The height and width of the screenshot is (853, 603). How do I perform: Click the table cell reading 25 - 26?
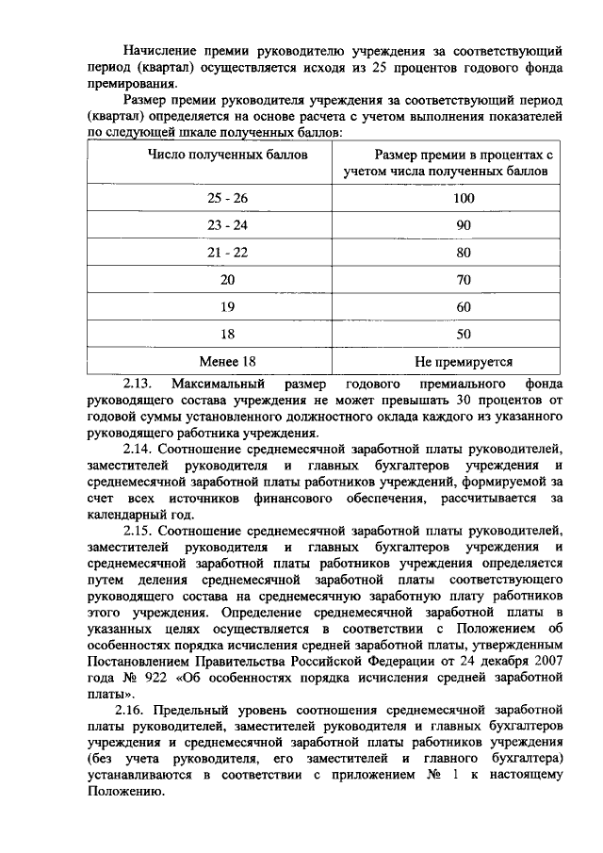point(227,199)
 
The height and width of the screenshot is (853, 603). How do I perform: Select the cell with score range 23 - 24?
point(227,226)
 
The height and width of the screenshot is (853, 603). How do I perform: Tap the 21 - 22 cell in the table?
point(227,254)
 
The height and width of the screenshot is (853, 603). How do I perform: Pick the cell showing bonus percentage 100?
point(463,199)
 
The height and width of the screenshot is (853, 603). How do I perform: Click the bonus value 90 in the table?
point(463,226)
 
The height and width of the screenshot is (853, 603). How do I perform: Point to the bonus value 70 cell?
point(463,280)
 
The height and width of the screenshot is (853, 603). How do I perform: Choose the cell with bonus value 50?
point(463,334)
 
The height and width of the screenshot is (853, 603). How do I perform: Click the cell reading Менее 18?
point(227,361)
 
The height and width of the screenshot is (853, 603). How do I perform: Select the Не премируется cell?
point(463,361)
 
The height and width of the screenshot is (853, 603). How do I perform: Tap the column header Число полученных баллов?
point(227,154)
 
